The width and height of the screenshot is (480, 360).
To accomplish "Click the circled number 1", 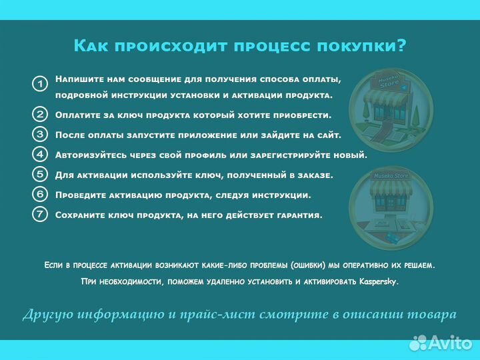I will click(x=40, y=84).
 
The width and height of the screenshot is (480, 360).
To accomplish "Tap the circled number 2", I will click(x=40, y=114).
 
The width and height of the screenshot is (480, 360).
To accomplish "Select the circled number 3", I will click(x=40, y=134).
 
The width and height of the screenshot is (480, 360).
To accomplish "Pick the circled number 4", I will click(x=40, y=154).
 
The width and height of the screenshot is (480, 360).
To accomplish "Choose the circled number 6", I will click(x=40, y=195).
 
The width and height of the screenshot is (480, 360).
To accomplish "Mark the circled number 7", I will click(x=40, y=215).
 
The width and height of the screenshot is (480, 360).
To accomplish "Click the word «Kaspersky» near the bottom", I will click(x=378, y=281).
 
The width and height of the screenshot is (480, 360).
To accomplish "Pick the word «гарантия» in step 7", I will click(x=299, y=215).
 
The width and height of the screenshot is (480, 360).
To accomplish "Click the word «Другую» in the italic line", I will click(x=48, y=314).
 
